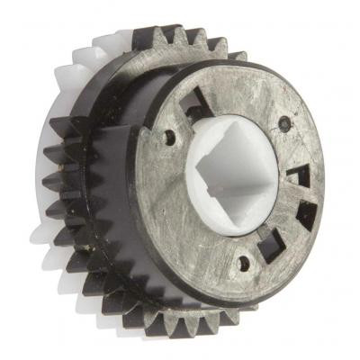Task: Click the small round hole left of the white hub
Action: tap(170, 137)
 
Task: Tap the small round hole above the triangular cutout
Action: tap(285, 122)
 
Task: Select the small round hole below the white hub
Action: tap(240, 264)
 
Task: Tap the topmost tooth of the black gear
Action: tap(170, 34)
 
